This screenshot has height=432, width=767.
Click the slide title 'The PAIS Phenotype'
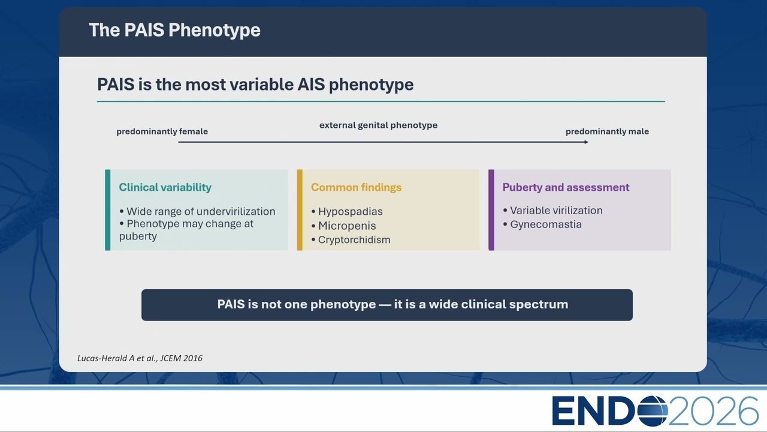click(174, 30)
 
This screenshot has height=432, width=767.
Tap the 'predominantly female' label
click(162, 131)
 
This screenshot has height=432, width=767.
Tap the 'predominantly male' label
click(607, 131)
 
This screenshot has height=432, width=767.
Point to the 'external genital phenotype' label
click(378, 125)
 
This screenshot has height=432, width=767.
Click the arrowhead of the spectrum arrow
click(587, 142)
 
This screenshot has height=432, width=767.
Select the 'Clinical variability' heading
click(165, 187)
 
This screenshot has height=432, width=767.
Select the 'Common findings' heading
click(356, 187)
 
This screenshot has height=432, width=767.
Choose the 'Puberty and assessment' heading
click(566, 187)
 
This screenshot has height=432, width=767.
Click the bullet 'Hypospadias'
click(347, 212)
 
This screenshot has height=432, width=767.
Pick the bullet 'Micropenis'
click(344, 226)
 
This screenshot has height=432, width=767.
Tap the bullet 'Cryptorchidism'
click(351, 240)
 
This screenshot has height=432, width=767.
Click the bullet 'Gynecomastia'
click(542, 224)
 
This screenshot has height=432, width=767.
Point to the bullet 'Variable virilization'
click(552, 211)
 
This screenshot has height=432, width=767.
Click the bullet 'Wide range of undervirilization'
click(198, 212)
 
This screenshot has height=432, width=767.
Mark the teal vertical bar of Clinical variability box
click(107, 210)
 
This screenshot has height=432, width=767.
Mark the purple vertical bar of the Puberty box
click(491, 210)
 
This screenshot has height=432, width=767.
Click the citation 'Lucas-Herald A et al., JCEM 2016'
click(140, 358)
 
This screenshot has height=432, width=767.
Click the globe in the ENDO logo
click(653, 411)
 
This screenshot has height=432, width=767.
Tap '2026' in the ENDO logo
click(714, 411)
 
